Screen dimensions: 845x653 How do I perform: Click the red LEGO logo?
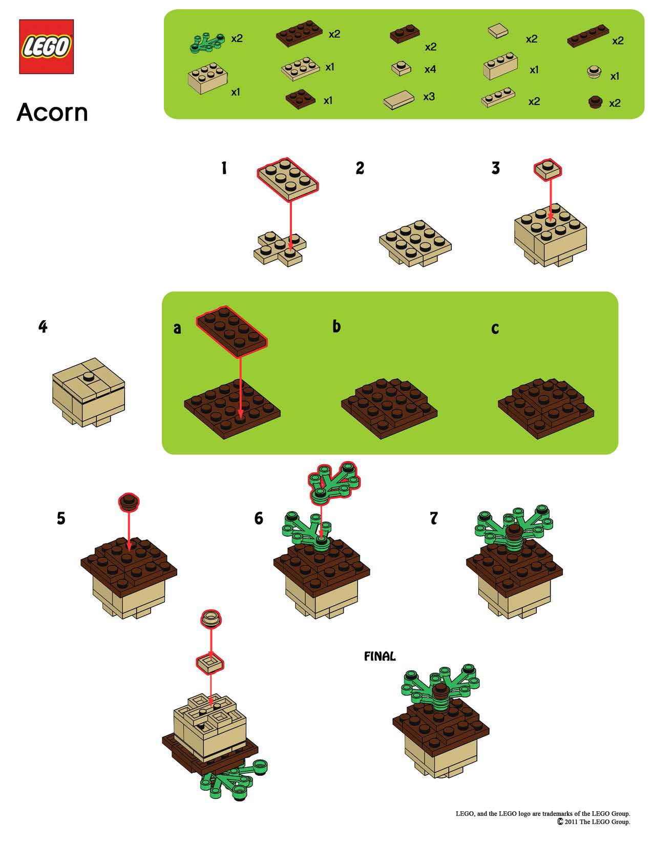46,47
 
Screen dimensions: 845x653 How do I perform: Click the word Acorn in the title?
52,112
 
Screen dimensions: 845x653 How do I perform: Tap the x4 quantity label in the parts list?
430,69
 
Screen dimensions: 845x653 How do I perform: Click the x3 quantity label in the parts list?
429,97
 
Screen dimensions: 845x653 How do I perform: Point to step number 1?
224,168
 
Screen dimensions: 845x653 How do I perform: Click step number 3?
495,168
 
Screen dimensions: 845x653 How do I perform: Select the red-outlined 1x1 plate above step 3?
547,168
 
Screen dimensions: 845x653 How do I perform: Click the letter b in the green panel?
336,326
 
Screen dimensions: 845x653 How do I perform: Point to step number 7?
434,518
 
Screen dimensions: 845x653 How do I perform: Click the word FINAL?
380,657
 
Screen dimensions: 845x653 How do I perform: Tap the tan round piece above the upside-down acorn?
210,618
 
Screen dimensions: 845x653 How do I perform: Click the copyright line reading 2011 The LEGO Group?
597,822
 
